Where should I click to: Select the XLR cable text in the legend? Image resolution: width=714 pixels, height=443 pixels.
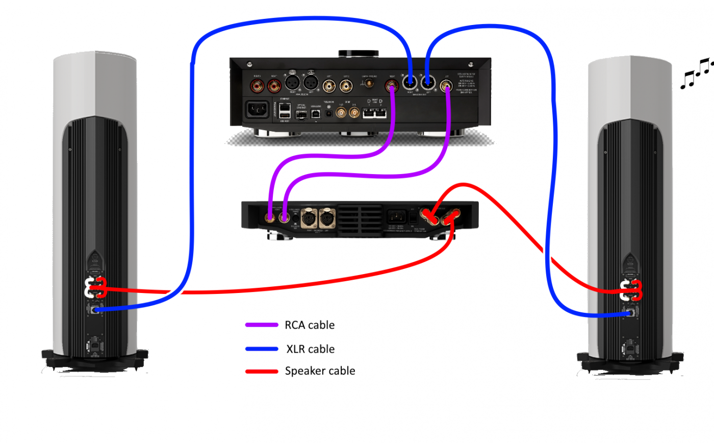point(311,349)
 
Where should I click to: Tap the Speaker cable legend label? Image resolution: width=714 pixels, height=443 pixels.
point(320,371)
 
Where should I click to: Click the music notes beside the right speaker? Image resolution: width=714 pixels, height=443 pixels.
point(696,71)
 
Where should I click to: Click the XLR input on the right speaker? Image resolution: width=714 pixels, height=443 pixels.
point(632,313)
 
